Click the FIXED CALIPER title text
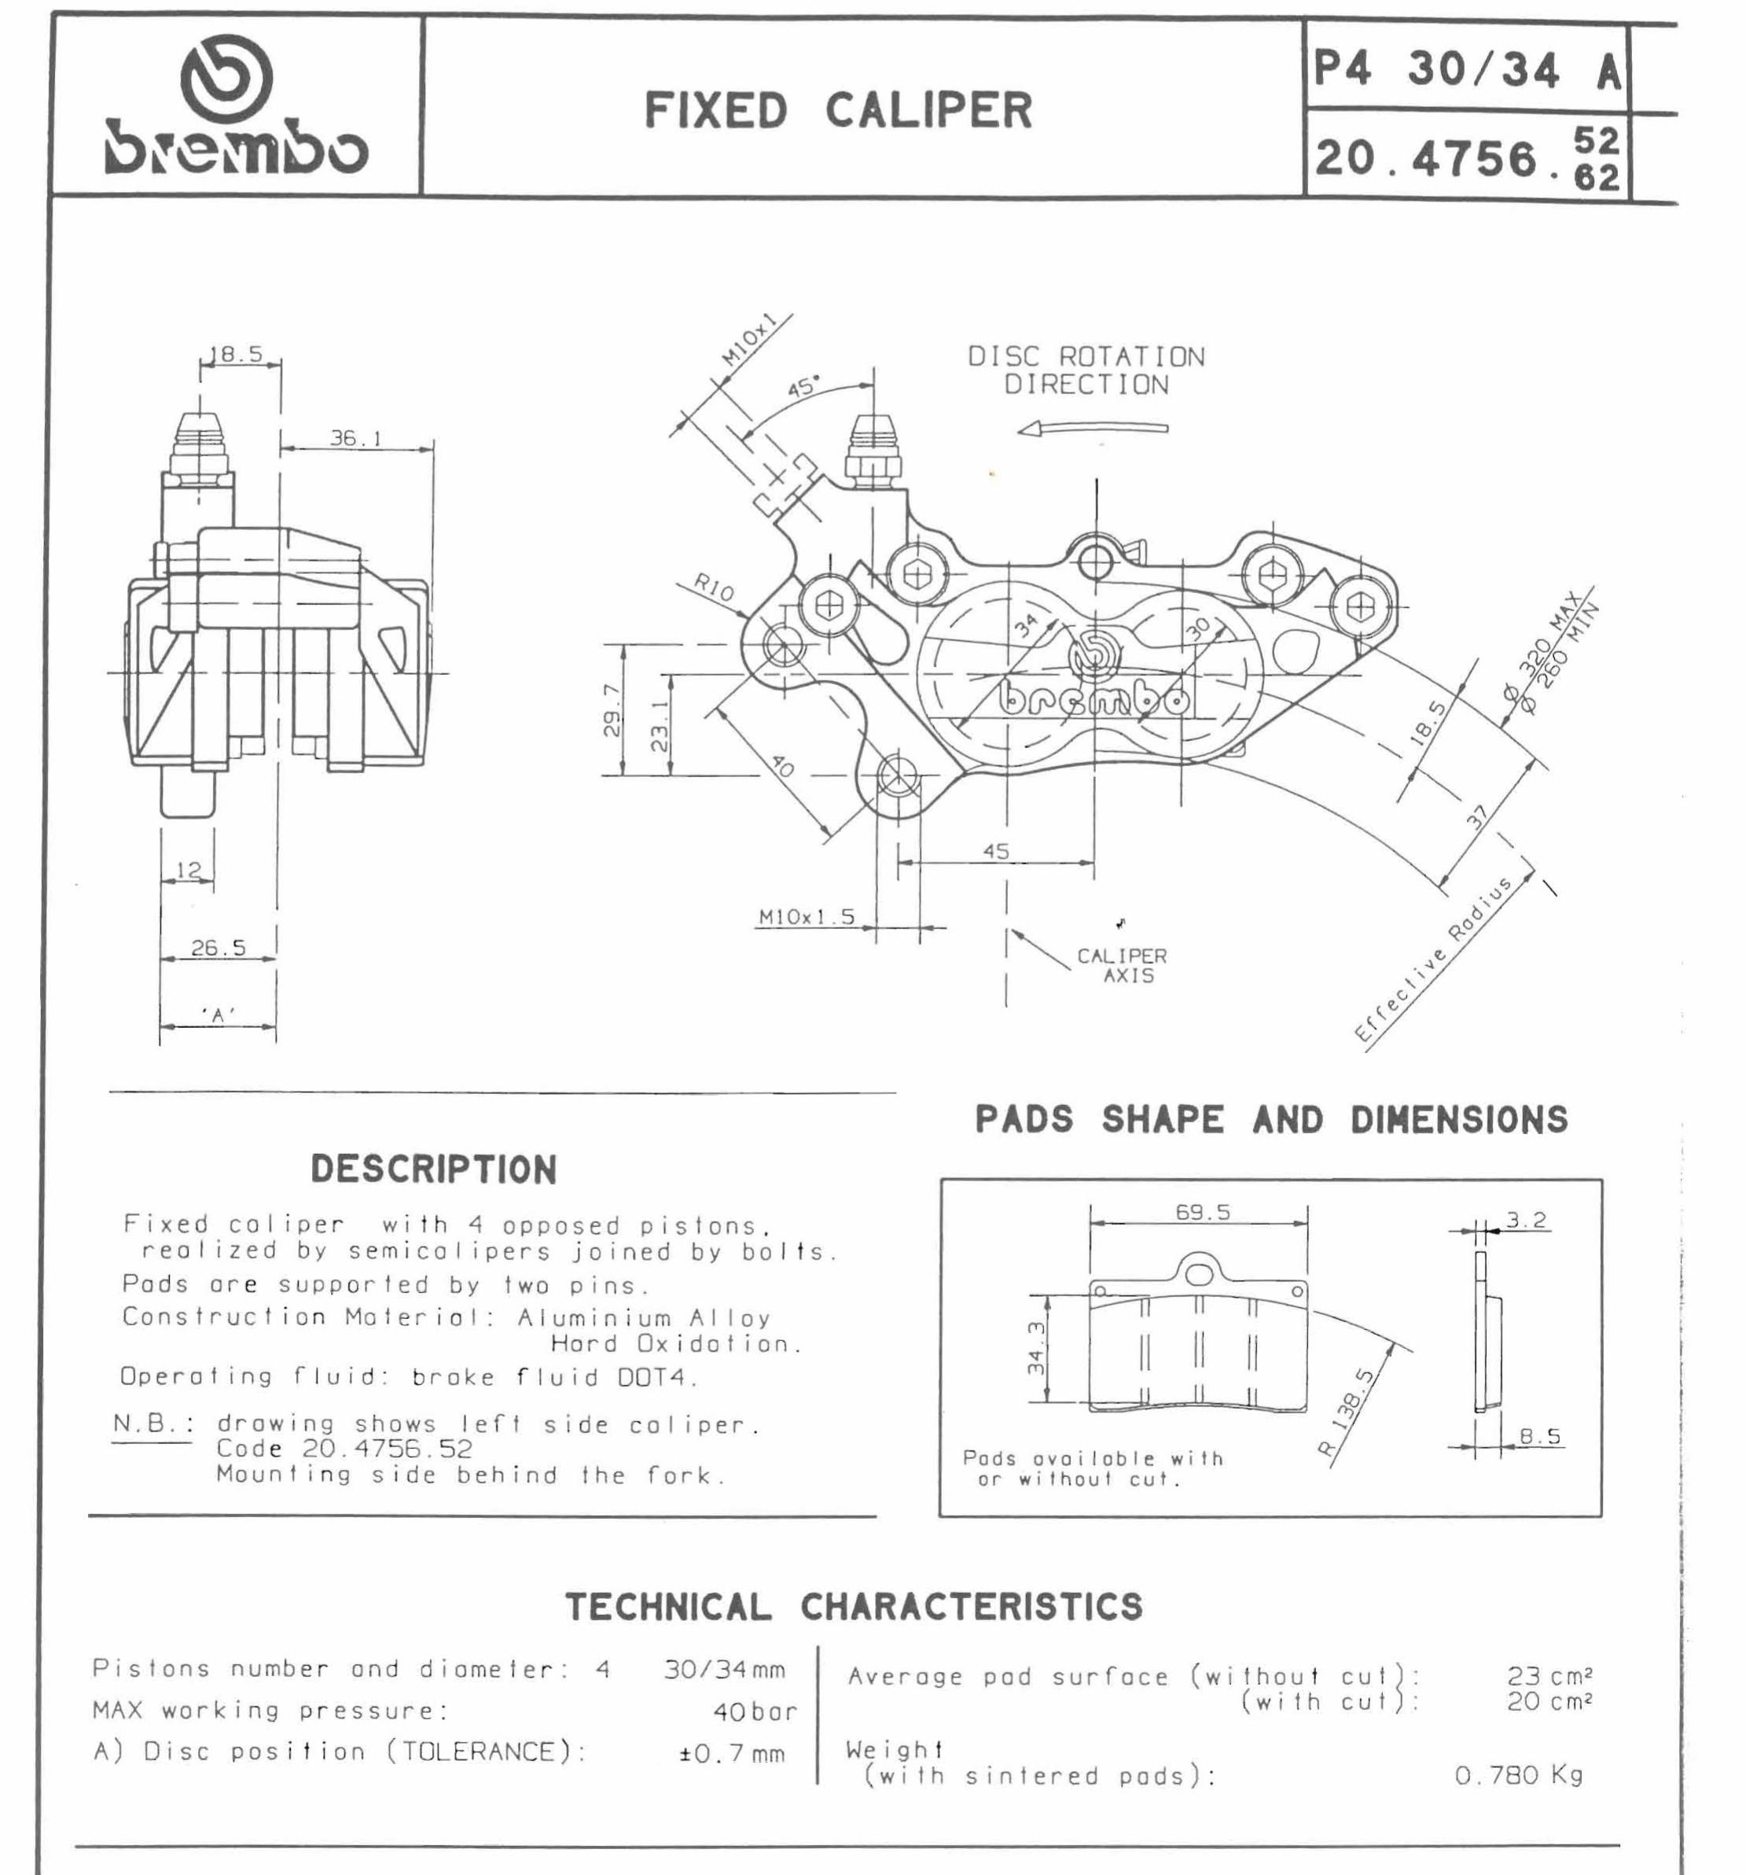tap(838, 110)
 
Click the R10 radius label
tap(714, 588)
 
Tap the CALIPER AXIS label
tap(1122, 965)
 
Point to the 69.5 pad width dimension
tap(1202, 1212)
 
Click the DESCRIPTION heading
tap(434, 1170)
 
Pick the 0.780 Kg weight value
tap(1518, 1775)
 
